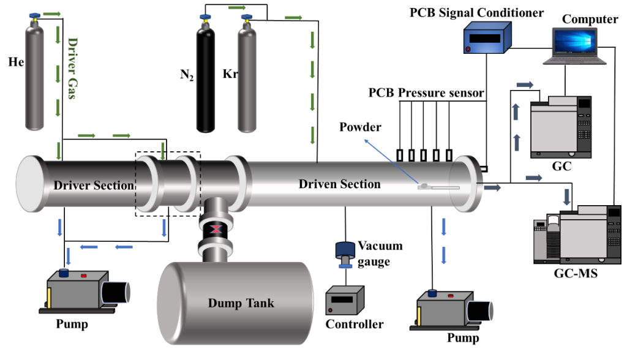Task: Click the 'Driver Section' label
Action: click(94, 186)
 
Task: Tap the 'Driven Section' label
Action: click(339, 184)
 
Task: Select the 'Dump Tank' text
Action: click(241, 303)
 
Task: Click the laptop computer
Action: click(574, 46)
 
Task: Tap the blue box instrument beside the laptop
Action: click(487, 39)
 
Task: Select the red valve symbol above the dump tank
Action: click(216, 230)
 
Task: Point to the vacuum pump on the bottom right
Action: click(453, 310)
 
